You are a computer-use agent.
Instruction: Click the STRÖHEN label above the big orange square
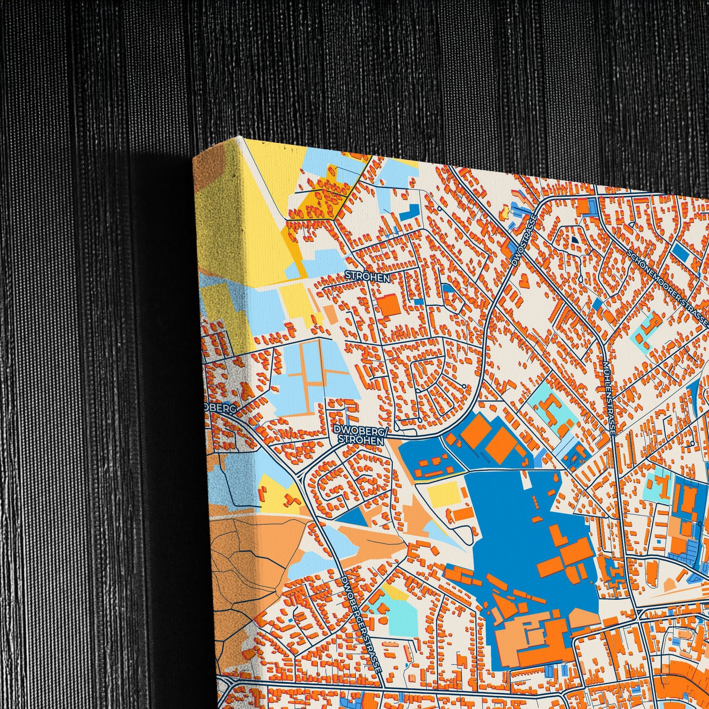point(367,278)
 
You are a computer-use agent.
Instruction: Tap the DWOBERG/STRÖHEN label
point(360,435)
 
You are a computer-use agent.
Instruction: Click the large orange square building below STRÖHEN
point(389,305)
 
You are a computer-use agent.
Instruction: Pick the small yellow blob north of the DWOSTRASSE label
point(505,211)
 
